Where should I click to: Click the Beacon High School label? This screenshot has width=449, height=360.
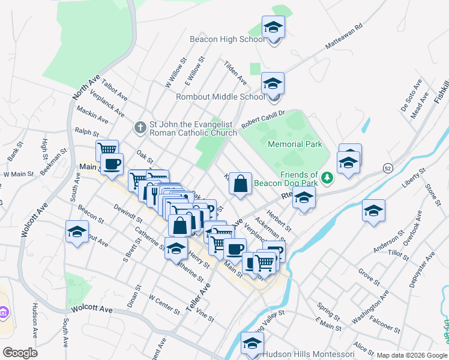(226, 39)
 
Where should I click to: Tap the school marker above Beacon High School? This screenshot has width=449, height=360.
(273, 28)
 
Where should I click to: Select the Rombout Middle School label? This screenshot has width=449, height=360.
(220, 96)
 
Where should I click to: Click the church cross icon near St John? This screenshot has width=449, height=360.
(140, 127)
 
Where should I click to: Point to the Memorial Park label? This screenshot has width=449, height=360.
(295, 144)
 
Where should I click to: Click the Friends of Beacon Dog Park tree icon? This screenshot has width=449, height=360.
(327, 178)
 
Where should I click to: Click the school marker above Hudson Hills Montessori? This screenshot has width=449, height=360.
(252, 344)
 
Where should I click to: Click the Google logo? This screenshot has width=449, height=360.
(20, 353)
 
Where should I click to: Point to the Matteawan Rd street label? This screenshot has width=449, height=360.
(345, 37)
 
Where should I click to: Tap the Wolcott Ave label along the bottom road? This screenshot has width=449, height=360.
(91, 309)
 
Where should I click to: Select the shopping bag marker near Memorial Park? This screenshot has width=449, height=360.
(240, 185)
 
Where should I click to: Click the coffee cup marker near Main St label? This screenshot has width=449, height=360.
(112, 164)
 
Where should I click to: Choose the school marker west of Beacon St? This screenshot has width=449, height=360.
(77, 233)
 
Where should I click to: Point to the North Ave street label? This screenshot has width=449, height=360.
(85, 88)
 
